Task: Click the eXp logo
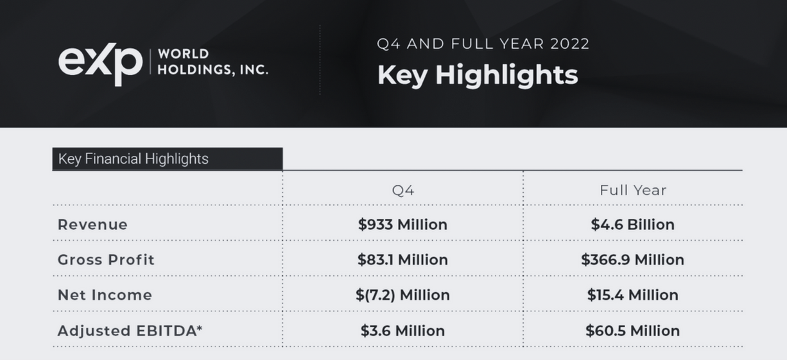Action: point(100,63)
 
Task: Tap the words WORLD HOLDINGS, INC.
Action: point(212,62)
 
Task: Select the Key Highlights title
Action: point(478,75)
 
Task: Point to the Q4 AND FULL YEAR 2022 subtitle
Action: point(483,44)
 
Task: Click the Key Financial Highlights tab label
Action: point(134,159)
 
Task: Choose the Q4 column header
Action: point(403,190)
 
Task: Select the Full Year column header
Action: point(633,190)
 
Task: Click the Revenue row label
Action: point(92,225)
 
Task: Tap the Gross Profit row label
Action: point(106,260)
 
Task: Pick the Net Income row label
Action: point(105,295)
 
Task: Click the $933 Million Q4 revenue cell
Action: point(402,225)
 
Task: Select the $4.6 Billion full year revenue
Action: point(633,225)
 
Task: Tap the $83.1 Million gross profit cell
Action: point(402,260)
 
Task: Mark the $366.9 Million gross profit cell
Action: point(633,260)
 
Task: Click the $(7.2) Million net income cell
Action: point(402,295)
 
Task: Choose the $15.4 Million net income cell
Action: point(633,295)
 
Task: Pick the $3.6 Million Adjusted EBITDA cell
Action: point(402,330)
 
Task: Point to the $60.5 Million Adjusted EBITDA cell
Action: point(633,330)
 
